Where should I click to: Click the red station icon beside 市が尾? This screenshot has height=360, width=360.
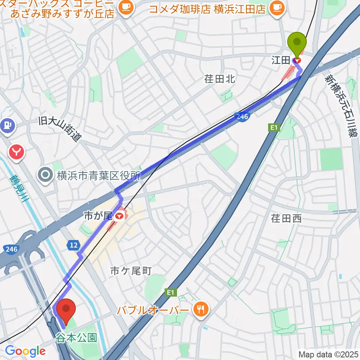[x=119, y=216]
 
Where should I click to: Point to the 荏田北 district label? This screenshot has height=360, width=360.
[x=220, y=79]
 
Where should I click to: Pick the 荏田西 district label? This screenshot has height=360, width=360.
[x=286, y=219]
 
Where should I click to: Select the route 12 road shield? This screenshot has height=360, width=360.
[x=74, y=245]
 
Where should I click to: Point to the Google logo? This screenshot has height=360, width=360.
[x=25, y=351]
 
